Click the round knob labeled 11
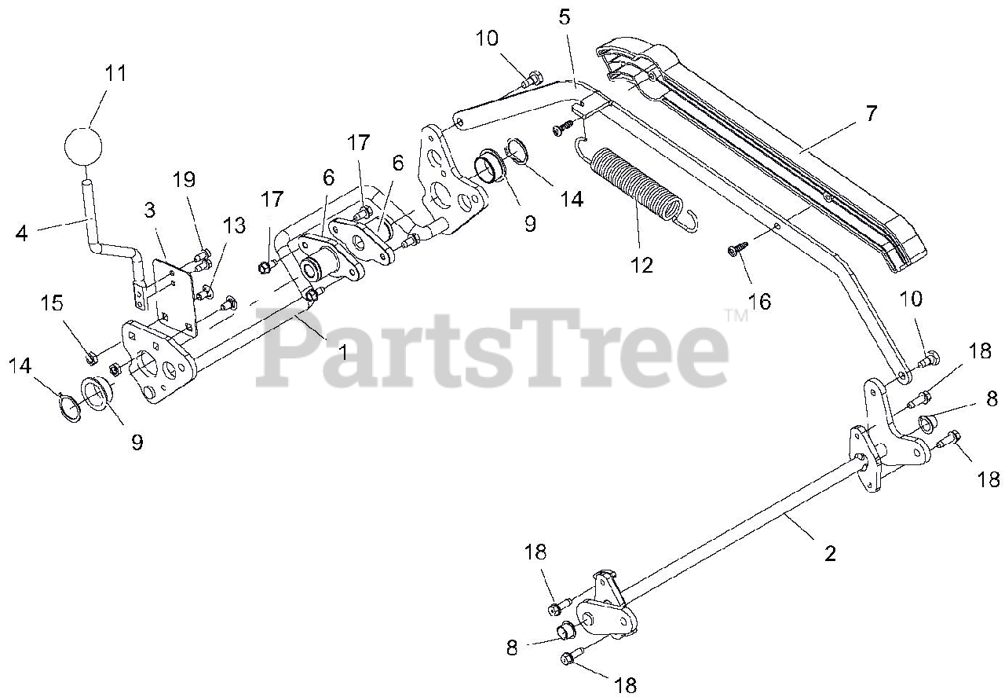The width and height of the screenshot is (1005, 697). pos(82,146)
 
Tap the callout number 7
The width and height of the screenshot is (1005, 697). pos(870,113)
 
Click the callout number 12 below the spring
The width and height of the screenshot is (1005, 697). pos(641,265)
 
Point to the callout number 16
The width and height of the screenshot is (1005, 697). pos(759,301)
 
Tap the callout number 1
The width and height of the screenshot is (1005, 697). pos(342,351)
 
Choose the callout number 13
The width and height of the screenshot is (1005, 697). pos(234,227)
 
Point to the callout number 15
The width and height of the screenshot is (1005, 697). pos(53,303)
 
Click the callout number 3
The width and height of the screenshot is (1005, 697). pos(149,210)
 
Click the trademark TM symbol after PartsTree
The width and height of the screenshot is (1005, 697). pos(736,315)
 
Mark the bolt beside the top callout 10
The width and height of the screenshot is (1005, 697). pos(532,77)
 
